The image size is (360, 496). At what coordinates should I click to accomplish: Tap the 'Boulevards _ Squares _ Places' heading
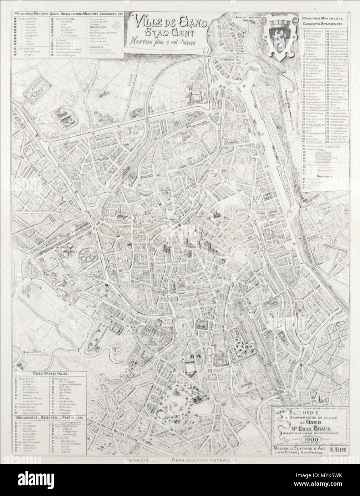(x=48, y=417)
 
